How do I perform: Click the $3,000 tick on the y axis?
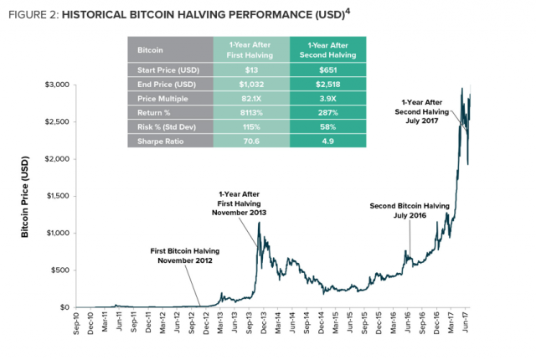56,85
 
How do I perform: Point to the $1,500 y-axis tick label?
56,196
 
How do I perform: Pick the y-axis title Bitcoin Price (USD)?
26,197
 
